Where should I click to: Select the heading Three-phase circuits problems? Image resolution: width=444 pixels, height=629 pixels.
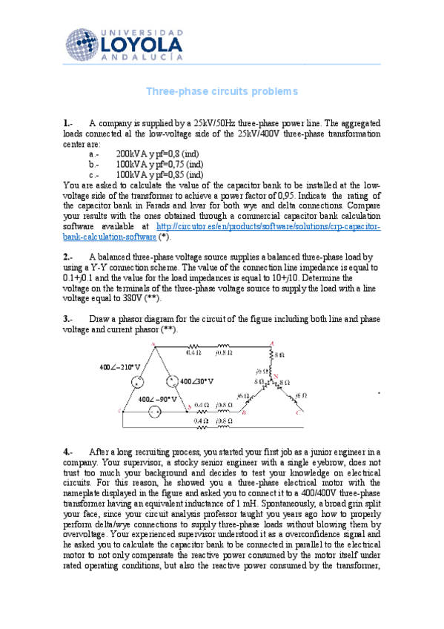[x=222, y=91]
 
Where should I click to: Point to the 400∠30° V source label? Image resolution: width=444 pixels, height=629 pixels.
[x=196, y=381]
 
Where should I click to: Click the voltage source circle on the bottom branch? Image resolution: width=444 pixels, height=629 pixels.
[x=155, y=412]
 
